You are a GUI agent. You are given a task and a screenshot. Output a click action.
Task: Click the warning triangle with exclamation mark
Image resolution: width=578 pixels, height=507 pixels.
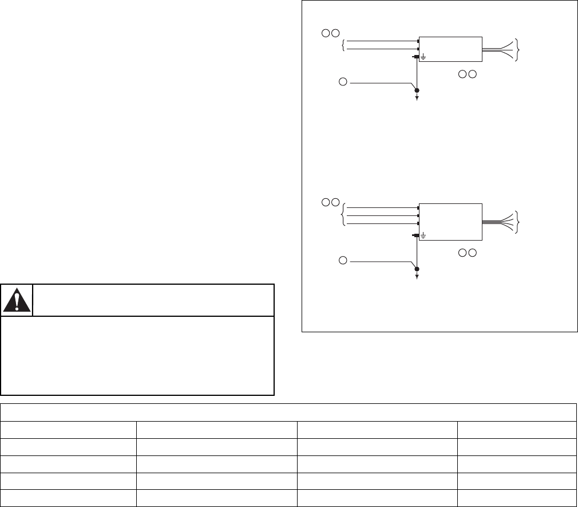click(17, 300)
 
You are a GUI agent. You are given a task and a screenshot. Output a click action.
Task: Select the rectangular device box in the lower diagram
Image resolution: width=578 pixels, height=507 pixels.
click(450, 221)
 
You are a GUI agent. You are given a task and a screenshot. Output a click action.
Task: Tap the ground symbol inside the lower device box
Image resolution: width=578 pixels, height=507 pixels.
click(423, 235)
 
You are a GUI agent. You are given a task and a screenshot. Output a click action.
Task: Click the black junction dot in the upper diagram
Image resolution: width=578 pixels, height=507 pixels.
click(417, 91)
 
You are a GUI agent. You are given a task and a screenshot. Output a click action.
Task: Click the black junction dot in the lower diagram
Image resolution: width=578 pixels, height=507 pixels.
click(417, 269)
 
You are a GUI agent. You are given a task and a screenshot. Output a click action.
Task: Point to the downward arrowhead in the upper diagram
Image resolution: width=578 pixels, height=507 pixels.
click(417, 99)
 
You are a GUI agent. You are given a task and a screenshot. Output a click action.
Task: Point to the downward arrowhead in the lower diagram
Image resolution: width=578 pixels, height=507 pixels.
click(417, 277)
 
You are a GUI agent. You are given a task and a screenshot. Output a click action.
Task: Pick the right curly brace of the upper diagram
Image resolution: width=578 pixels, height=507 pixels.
click(518, 49)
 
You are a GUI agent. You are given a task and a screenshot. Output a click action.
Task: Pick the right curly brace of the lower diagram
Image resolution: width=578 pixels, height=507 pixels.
click(518, 221)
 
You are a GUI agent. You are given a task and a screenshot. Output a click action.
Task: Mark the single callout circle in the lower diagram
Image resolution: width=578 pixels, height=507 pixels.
click(342, 261)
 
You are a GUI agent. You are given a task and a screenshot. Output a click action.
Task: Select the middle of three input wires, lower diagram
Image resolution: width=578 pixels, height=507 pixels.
click(381, 216)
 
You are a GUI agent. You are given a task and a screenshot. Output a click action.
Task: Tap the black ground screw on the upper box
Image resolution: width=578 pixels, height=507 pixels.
click(414, 57)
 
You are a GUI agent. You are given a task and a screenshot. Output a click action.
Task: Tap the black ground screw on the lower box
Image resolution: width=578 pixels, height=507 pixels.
click(414, 235)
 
